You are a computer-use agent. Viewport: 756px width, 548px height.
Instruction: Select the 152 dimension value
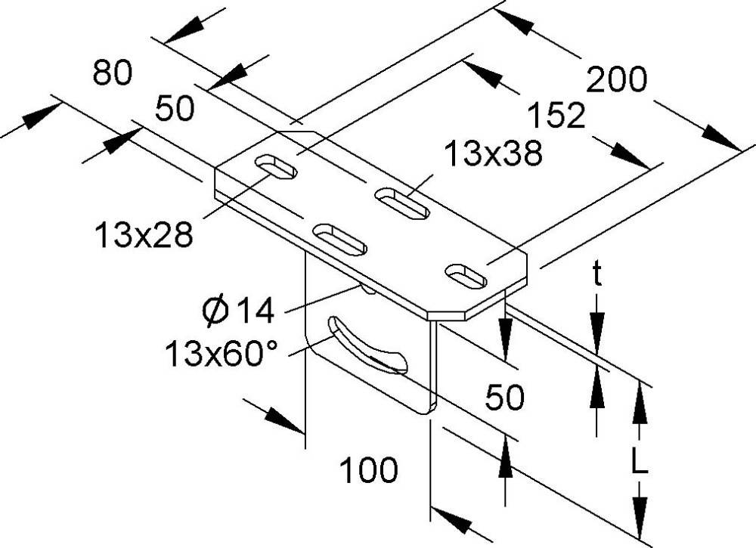coord(558,117)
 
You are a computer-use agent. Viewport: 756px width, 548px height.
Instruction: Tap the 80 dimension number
coord(112,73)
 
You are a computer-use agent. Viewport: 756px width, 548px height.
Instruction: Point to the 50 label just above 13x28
coord(175,109)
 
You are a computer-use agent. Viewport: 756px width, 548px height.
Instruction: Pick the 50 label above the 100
coord(505,398)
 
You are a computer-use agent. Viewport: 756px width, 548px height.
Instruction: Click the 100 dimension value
coord(368,471)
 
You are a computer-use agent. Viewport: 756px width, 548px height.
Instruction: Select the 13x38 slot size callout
coord(493,154)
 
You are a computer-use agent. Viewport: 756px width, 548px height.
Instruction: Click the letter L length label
coord(640,459)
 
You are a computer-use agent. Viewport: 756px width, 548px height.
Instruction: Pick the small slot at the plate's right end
coord(466,276)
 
